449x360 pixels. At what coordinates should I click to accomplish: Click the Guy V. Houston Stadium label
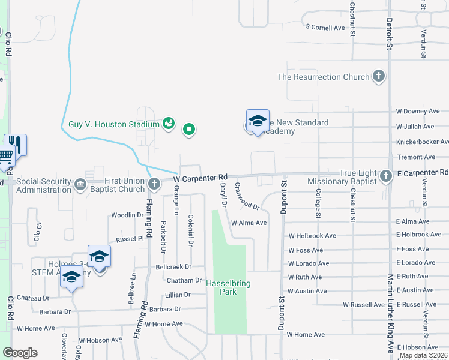pyautogui.click(x=114, y=124)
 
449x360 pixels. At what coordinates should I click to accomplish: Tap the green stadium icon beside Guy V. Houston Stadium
pyautogui.click(x=169, y=124)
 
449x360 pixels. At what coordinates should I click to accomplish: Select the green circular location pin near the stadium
pyautogui.click(x=190, y=129)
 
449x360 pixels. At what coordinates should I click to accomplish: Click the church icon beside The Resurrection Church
pyautogui.click(x=378, y=77)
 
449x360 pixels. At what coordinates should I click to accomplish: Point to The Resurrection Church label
pyautogui.click(x=323, y=77)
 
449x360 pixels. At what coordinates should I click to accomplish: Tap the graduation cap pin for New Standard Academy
pyautogui.click(x=258, y=121)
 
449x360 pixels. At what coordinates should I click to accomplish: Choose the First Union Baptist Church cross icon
pyautogui.click(x=154, y=182)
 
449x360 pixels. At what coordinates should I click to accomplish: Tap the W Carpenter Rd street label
pyautogui.click(x=200, y=178)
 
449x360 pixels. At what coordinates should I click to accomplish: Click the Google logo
pyautogui.click(x=20, y=353)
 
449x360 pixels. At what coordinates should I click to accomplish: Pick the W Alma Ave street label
pyautogui.click(x=249, y=223)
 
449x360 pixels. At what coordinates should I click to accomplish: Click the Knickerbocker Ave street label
pyautogui.click(x=422, y=142)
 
